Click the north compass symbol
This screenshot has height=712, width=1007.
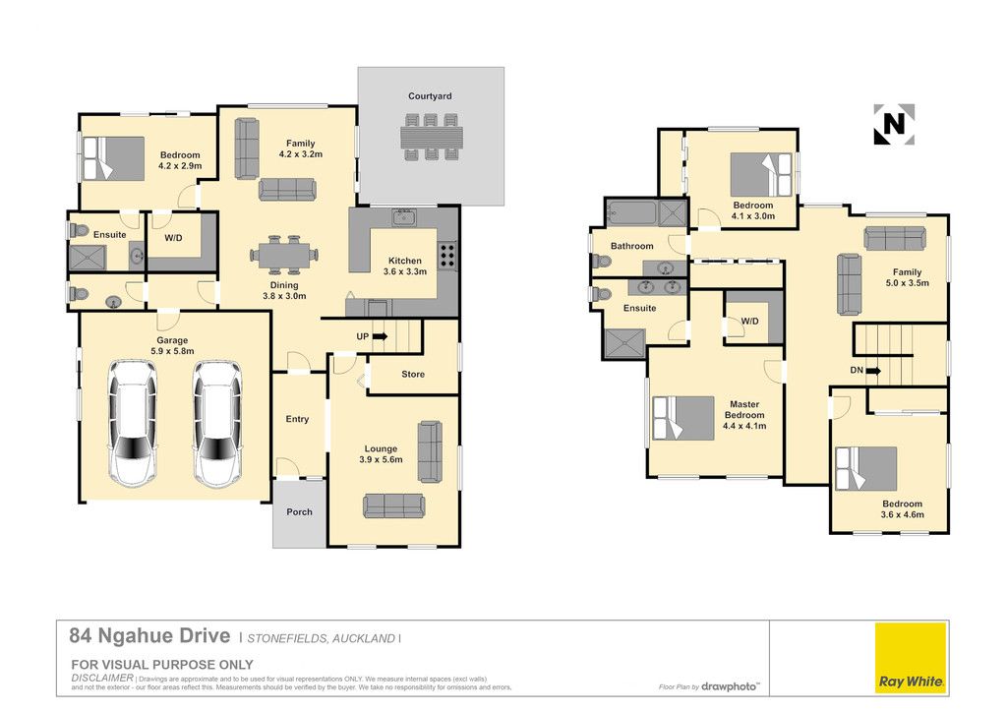click(894, 124)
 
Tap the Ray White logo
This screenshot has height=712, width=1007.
click(912, 657)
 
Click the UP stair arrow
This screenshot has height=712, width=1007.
click(380, 335)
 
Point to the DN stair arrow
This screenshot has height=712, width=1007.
click(873, 371)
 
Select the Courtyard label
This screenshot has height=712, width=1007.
click(430, 96)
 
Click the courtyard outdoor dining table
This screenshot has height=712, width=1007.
click(432, 137)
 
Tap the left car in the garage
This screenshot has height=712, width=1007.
click(133, 423)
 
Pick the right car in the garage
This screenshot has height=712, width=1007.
click(217, 423)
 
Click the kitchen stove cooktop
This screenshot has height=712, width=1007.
click(447, 255)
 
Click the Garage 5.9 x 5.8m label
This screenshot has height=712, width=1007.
click(172, 345)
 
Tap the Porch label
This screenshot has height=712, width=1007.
click(299, 511)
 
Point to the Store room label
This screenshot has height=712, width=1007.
click(413, 374)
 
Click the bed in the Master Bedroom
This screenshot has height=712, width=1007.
click(683, 418)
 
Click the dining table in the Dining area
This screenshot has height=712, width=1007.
click(284, 255)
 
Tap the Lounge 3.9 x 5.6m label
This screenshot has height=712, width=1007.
click(381, 454)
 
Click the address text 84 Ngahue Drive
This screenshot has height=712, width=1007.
click(149, 635)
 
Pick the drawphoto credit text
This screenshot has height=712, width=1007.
click(729, 686)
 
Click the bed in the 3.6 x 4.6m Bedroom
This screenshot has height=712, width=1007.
click(865, 469)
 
